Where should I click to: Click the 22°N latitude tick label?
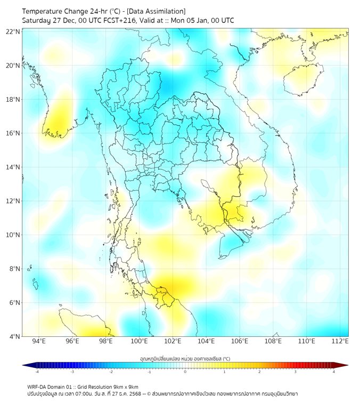click(13, 31)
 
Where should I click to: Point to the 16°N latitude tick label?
click(13, 133)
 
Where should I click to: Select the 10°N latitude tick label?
click(13, 235)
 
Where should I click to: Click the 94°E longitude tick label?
click(39, 342)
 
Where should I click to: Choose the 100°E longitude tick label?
click(139, 342)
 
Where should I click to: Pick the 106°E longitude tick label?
click(240, 342)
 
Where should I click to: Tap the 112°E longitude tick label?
click(340, 342)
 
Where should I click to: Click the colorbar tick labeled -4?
click(37, 372)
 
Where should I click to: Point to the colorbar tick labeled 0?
click(185, 372)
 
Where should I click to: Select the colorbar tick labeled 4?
click(334, 372)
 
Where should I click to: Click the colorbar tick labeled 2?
click(260, 372)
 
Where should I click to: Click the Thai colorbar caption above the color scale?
click(185, 359)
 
